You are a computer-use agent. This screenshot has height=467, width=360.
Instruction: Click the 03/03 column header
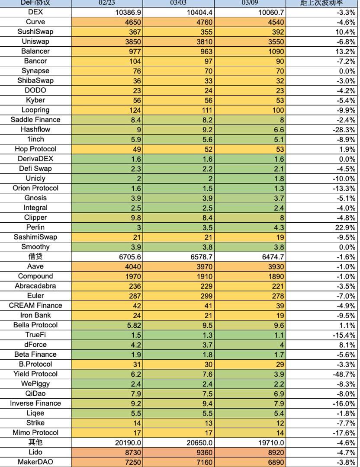[x=178, y=3]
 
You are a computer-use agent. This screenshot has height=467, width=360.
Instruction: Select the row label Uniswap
[x=35, y=42]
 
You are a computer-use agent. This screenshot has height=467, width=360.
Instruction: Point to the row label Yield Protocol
[x=35, y=374]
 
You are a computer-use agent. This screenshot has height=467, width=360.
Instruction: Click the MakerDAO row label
[x=35, y=462]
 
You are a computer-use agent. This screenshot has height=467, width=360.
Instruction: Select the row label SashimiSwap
[x=35, y=237]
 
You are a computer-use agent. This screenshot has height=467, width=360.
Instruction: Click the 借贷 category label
[x=35, y=257]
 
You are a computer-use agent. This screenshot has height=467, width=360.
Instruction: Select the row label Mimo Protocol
[x=35, y=432]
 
